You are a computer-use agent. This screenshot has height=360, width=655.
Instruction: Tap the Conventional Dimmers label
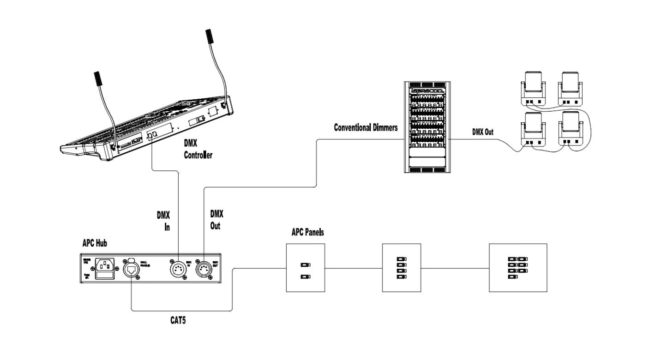pos(366,128)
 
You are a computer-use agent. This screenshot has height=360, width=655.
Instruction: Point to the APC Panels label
pos(307,232)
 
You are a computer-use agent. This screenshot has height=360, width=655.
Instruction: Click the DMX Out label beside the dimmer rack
pos(482,132)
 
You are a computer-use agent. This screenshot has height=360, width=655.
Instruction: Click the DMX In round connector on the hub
pos(179,269)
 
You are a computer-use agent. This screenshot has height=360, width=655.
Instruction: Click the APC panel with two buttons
pos(304,268)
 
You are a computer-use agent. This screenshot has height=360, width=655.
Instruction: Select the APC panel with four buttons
pos(403,268)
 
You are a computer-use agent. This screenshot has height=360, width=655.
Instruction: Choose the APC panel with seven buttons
pos(517,268)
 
